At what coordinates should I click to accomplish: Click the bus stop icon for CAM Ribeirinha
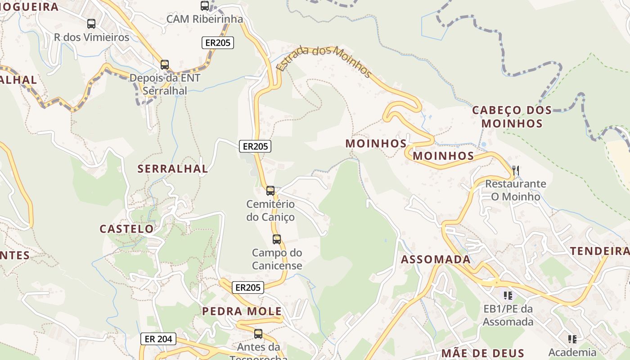(205, 6)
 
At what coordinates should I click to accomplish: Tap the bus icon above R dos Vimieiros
(91, 24)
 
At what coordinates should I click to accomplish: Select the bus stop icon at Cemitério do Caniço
(270, 191)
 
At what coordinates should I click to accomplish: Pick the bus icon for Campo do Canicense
(277, 239)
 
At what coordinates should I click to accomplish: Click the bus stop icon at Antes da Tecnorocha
(258, 334)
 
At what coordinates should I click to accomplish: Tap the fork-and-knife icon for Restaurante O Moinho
(516, 171)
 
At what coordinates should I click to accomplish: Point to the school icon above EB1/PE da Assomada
(508, 296)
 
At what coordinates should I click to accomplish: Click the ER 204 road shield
(158, 339)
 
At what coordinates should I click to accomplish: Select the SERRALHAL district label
(173, 169)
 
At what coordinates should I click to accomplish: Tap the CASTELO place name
(126, 229)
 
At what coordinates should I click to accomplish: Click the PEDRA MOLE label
(242, 311)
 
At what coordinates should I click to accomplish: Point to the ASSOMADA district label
(436, 259)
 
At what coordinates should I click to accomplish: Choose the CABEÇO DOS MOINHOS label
(512, 117)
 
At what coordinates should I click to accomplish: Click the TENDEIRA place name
(600, 251)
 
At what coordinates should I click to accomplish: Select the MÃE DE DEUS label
(483, 353)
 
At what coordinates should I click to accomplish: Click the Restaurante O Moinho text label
(516, 190)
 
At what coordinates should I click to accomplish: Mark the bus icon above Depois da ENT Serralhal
(165, 65)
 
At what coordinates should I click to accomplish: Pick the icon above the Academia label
(572, 339)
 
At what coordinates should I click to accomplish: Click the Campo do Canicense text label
(277, 259)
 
